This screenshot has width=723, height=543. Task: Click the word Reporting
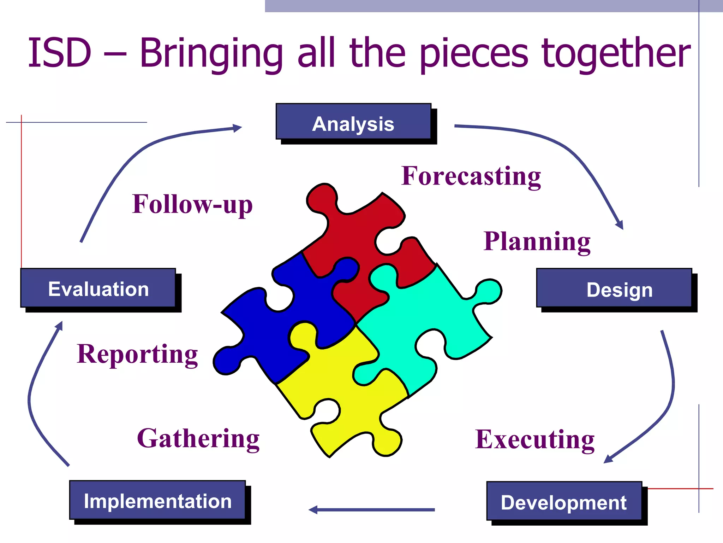click(x=137, y=354)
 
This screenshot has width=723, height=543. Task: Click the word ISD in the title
click(x=59, y=53)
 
